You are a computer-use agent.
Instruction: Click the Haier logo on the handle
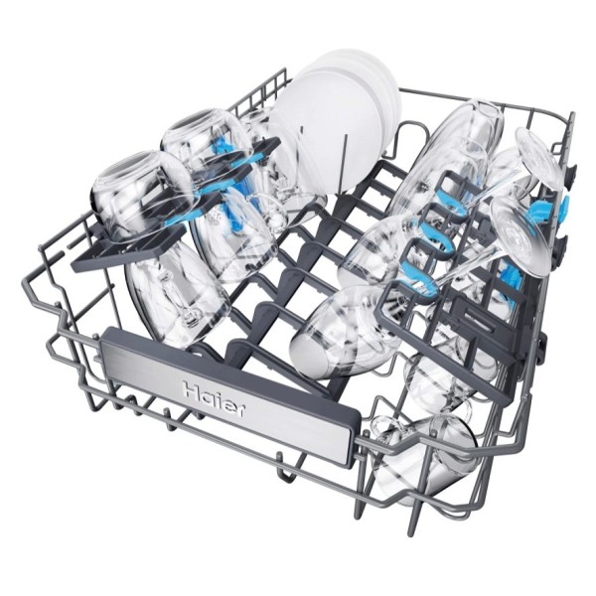[215, 400]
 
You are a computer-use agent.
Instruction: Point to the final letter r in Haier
[239, 411]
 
